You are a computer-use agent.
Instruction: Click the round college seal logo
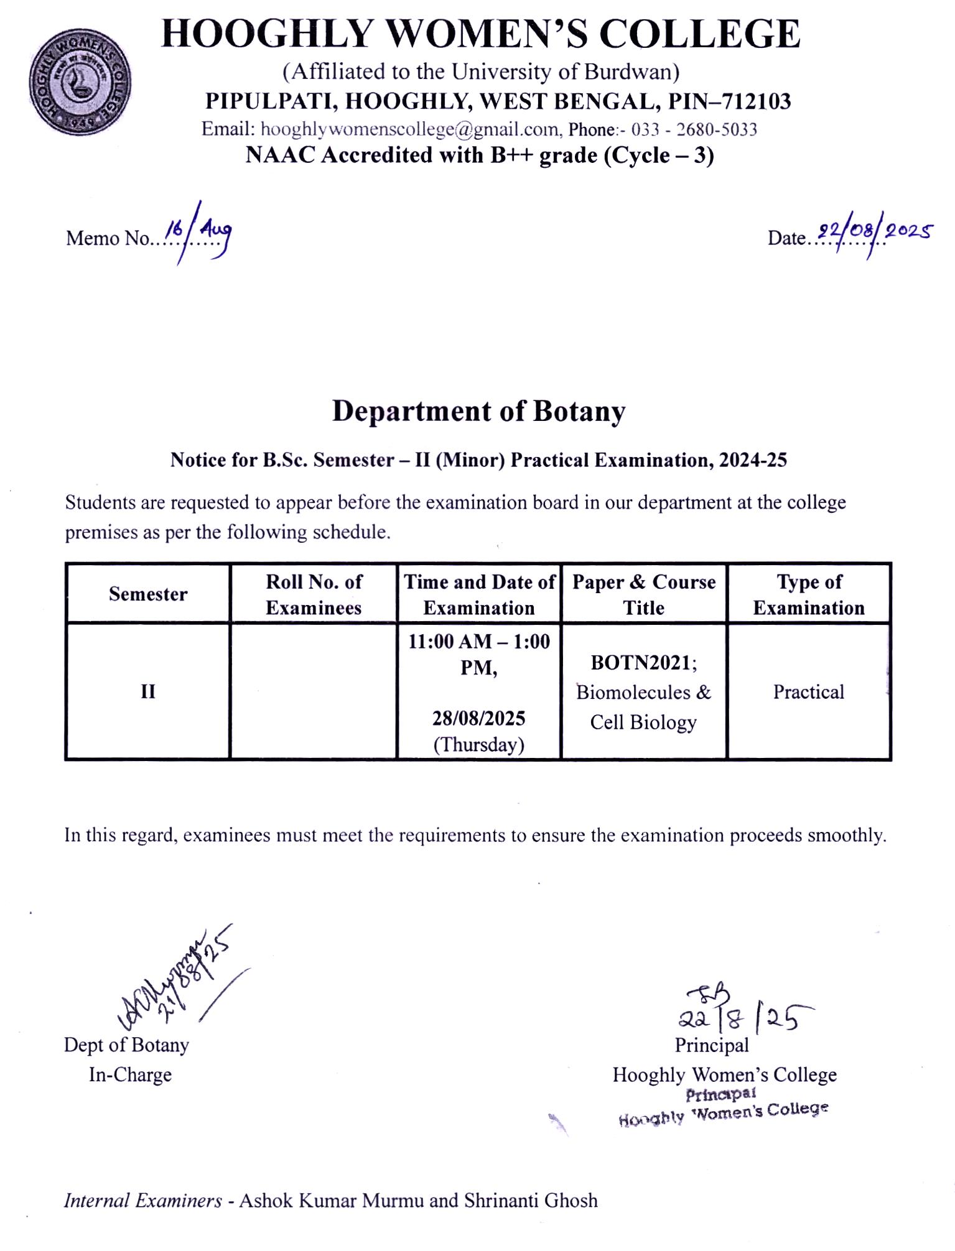80,83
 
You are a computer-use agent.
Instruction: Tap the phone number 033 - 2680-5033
694,129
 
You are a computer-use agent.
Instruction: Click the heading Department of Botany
478,412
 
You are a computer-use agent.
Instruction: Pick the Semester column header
148,594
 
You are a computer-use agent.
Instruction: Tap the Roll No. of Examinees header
314,594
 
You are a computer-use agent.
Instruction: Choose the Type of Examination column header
809,594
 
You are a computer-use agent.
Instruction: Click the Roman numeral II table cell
147,691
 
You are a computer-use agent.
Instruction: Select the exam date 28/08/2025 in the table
478,718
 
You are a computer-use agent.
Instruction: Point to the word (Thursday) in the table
478,744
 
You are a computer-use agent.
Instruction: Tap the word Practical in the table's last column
808,691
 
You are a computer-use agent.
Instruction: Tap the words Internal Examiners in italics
142,1200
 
